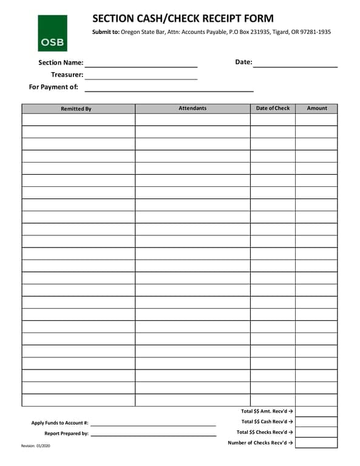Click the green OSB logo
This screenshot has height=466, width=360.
[x=52, y=33]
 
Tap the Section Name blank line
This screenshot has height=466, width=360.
[x=141, y=63]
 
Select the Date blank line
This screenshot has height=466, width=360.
[x=295, y=63]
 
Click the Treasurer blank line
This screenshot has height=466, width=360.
[x=141, y=76]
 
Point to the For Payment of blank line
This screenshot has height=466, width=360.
[x=169, y=88]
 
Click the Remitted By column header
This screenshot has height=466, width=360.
[x=76, y=109]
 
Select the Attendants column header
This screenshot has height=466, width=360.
[x=192, y=108]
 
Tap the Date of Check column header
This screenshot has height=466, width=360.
[x=273, y=108]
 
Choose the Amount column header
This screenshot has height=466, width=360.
[x=316, y=108]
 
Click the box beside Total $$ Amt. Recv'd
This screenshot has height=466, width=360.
[x=316, y=411]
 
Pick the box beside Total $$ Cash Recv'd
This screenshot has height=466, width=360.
[x=316, y=422]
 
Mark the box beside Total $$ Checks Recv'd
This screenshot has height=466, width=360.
[x=316, y=432]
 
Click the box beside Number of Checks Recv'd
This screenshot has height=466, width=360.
[x=316, y=442]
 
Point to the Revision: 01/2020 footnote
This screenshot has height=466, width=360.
[x=35, y=446]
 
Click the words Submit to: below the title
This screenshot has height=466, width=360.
[x=106, y=32]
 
